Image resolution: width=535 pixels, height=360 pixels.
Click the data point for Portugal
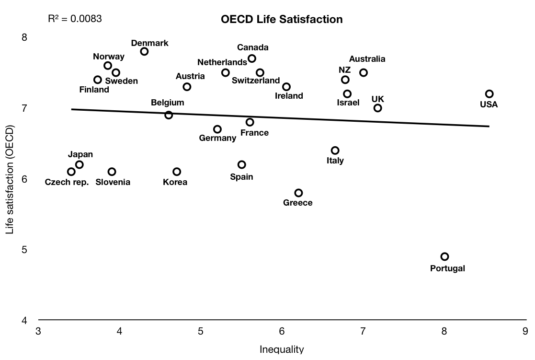(444, 256)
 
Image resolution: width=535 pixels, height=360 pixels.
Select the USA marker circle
(489, 94)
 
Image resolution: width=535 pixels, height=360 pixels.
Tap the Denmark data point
(144, 51)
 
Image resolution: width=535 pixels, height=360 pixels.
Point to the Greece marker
(298, 193)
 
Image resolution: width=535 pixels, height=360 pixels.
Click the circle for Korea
(177, 172)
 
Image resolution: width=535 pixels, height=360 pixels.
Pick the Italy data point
(335, 151)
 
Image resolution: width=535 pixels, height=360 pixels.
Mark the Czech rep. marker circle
(71, 172)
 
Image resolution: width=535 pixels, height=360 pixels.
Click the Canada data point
(252, 58)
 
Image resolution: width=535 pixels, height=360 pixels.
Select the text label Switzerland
(256, 81)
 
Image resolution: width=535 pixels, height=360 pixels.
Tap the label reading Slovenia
(113, 182)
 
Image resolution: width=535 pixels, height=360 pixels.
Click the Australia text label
(367, 59)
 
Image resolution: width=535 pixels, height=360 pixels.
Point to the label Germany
(217, 139)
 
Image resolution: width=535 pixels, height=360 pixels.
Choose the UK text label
(378, 99)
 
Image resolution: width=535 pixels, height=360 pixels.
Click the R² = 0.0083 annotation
(75, 19)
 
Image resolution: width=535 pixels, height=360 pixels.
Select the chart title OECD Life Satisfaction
(282, 20)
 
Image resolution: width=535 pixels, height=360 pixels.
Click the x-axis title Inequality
(282, 349)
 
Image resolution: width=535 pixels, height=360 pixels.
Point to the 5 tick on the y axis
(25, 250)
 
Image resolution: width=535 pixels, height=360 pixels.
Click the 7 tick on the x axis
(363, 331)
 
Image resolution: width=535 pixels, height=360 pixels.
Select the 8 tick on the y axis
(25, 37)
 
